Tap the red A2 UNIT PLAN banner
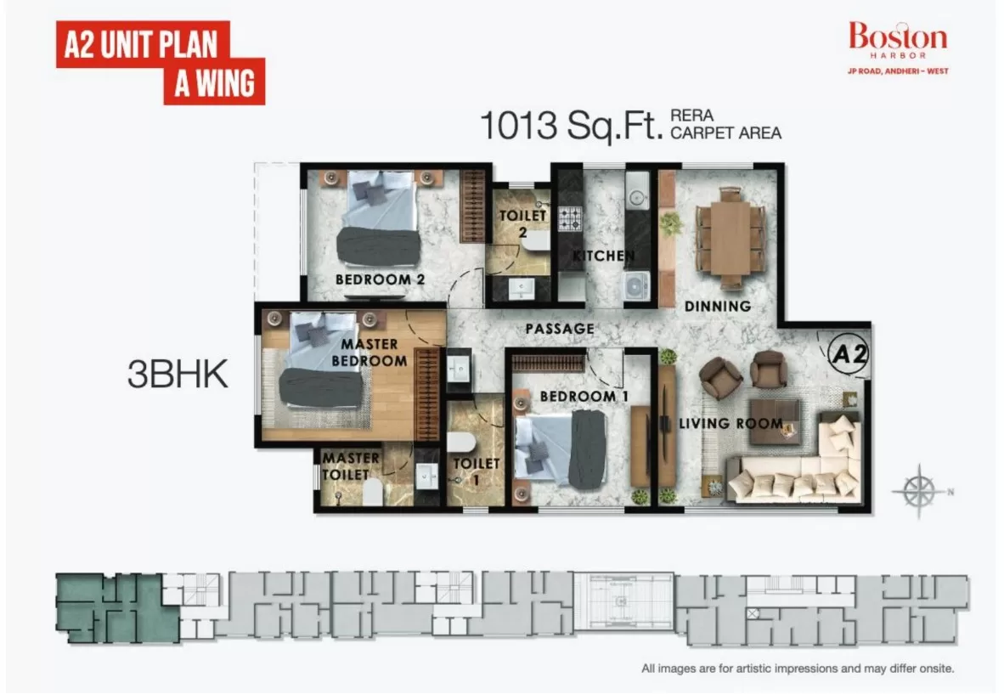pyautogui.click(x=160, y=63)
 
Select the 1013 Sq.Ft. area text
pyautogui.click(x=571, y=125)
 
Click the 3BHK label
pyautogui.click(x=178, y=375)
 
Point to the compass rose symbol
pyautogui.click(x=919, y=491)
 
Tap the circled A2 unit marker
pyautogui.click(x=849, y=353)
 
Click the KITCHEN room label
pyautogui.click(x=603, y=256)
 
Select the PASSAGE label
pyautogui.click(x=560, y=329)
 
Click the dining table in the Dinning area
pyautogui.click(x=730, y=238)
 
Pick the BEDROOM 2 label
pyautogui.click(x=381, y=279)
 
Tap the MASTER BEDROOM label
pyautogui.click(x=369, y=353)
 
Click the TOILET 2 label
pyautogui.click(x=522, y=223)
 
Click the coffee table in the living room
pyautogui.click(x=774, y=421)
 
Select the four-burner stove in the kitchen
pyautogui.click(x=570, y=219)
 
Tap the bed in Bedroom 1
pyautogui.click(x=561, y=449)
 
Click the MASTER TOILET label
pyautogui.click(x=350, y=466)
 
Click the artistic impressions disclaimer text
pyautogui.click(x=798, y=669)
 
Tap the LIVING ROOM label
pyautogui.click(x=730, y=424)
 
